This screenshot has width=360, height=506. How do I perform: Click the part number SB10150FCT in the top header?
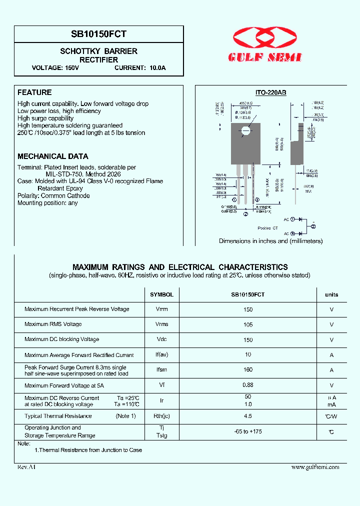coord(99,34)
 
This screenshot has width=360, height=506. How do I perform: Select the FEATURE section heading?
coord(34,92)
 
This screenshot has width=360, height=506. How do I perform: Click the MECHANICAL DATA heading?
coord(53,156)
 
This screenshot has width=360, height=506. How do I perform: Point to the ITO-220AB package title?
coord(270,92)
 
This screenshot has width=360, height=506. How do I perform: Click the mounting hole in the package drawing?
coord(245,131)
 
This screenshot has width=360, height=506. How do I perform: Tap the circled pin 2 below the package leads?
coord(245,214)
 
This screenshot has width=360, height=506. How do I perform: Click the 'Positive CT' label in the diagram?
coord(267,228)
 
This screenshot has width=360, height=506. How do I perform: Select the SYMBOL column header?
coord(161,294)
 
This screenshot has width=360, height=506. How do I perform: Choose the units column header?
coord(331,294)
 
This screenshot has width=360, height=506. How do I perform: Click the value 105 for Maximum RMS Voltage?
coord(248,324)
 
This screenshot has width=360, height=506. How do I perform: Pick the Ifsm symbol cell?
coord(161,370)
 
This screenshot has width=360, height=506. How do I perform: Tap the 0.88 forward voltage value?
coord(248,385)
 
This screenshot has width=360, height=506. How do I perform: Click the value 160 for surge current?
coord(248,370)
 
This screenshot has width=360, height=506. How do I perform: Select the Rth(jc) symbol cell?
coord(161,416)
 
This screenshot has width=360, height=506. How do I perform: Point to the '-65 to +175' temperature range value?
coord(248,431)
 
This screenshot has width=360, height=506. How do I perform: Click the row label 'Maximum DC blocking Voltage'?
coord(61,339)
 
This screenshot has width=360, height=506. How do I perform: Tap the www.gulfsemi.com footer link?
coord(315,467)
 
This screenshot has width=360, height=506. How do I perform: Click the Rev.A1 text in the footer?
coord(26,467)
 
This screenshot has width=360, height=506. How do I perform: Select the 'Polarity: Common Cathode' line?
coord(53,196)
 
